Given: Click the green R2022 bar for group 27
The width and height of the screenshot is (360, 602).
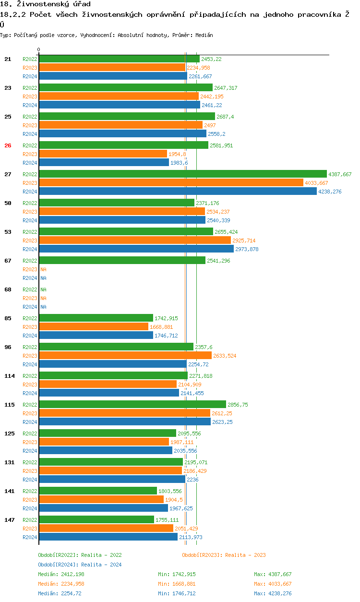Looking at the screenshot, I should point(182,174).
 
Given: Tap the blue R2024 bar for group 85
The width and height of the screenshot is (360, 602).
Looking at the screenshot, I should point(96,336).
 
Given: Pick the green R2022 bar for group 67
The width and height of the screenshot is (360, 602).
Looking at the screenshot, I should point(122,261).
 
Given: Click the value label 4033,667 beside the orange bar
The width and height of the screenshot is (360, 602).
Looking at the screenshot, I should point(316,183).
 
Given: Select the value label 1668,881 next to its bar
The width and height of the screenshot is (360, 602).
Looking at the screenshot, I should point(161,327).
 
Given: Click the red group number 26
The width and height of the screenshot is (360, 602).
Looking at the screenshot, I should point(8,145).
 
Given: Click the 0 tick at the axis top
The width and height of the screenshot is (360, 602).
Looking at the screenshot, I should point(39,50).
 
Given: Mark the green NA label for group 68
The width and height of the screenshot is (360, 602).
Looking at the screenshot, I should point(43,289).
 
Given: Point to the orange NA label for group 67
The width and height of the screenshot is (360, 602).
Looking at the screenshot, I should point(43,269).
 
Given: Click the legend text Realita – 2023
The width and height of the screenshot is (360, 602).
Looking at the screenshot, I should point(245,555).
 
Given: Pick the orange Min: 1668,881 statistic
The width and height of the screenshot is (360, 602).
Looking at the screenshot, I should point(177,584).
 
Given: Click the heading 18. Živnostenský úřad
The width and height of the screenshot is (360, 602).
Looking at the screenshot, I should point(45,4).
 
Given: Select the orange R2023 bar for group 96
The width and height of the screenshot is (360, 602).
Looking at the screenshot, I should point(125,356).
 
